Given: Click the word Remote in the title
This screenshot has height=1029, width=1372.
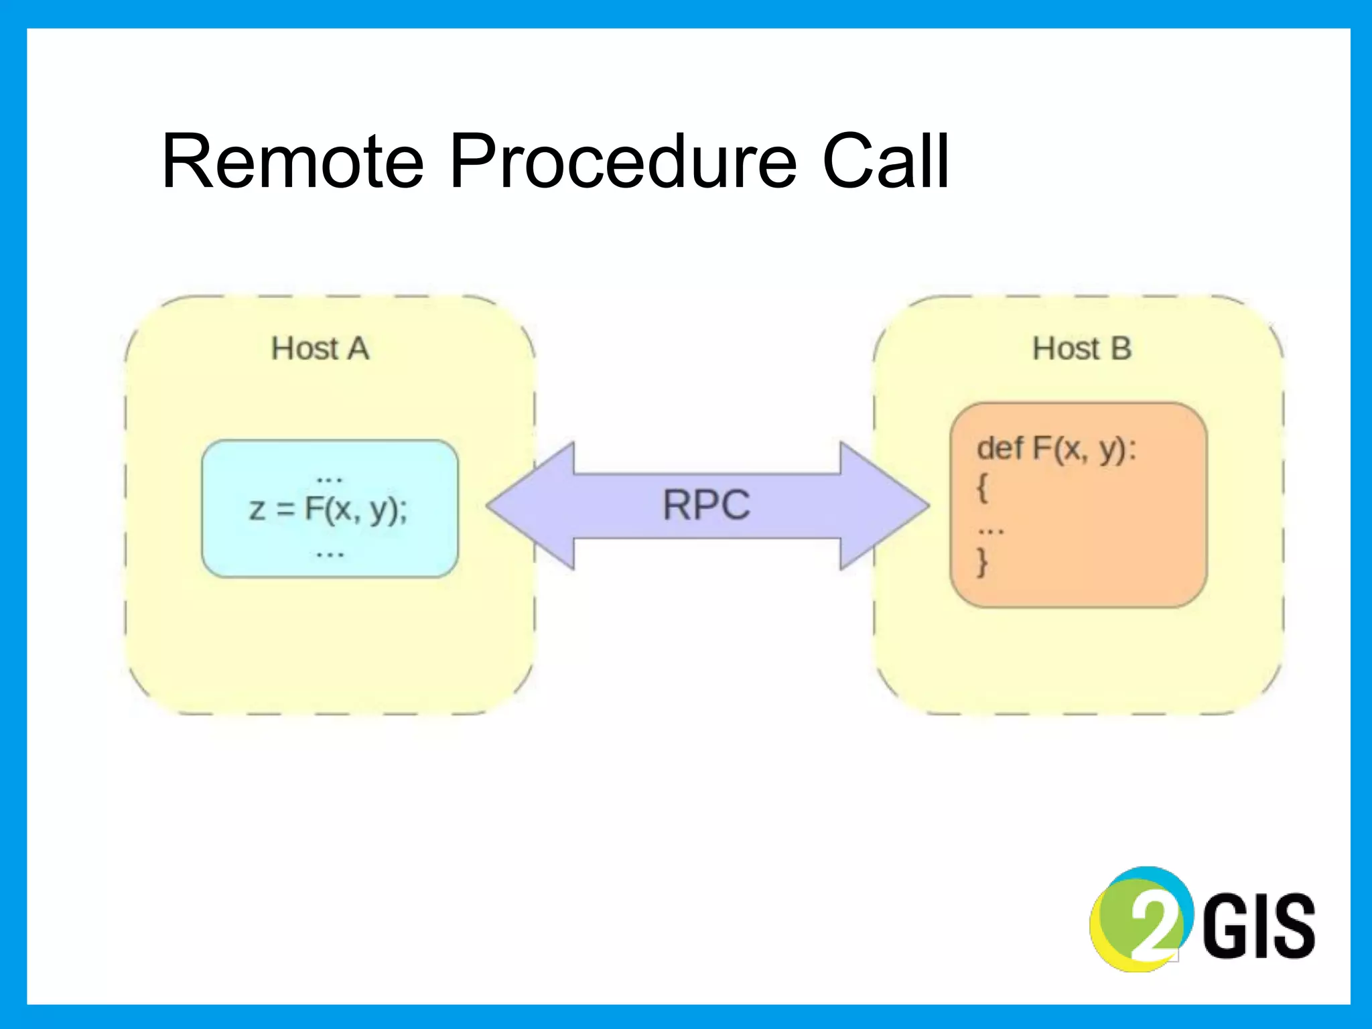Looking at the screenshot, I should coord(293,162).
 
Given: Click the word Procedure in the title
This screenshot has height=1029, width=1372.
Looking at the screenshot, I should coord(623,162).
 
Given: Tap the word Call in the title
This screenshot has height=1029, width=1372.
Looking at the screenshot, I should coord(885,162).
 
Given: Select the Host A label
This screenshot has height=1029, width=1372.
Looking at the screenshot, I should coord(320,349).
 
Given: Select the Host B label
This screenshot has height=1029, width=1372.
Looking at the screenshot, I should coord(1081,349).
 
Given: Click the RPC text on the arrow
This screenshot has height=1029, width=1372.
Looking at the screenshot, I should coord(706,505).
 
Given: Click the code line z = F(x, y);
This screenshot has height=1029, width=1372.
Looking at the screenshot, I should coord(328,510).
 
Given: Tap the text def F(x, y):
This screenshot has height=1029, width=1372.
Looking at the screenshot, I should coord(1056,450).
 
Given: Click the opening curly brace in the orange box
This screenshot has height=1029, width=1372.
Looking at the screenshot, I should coord(982,488).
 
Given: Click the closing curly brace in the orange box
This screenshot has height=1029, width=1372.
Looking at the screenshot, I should coord(982,561).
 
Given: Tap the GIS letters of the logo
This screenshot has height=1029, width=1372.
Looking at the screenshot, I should coord(1259,926).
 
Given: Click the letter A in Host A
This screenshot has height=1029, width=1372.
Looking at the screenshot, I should coord(358,349).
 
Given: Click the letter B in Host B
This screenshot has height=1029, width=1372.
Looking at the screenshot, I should coord(1121,349).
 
